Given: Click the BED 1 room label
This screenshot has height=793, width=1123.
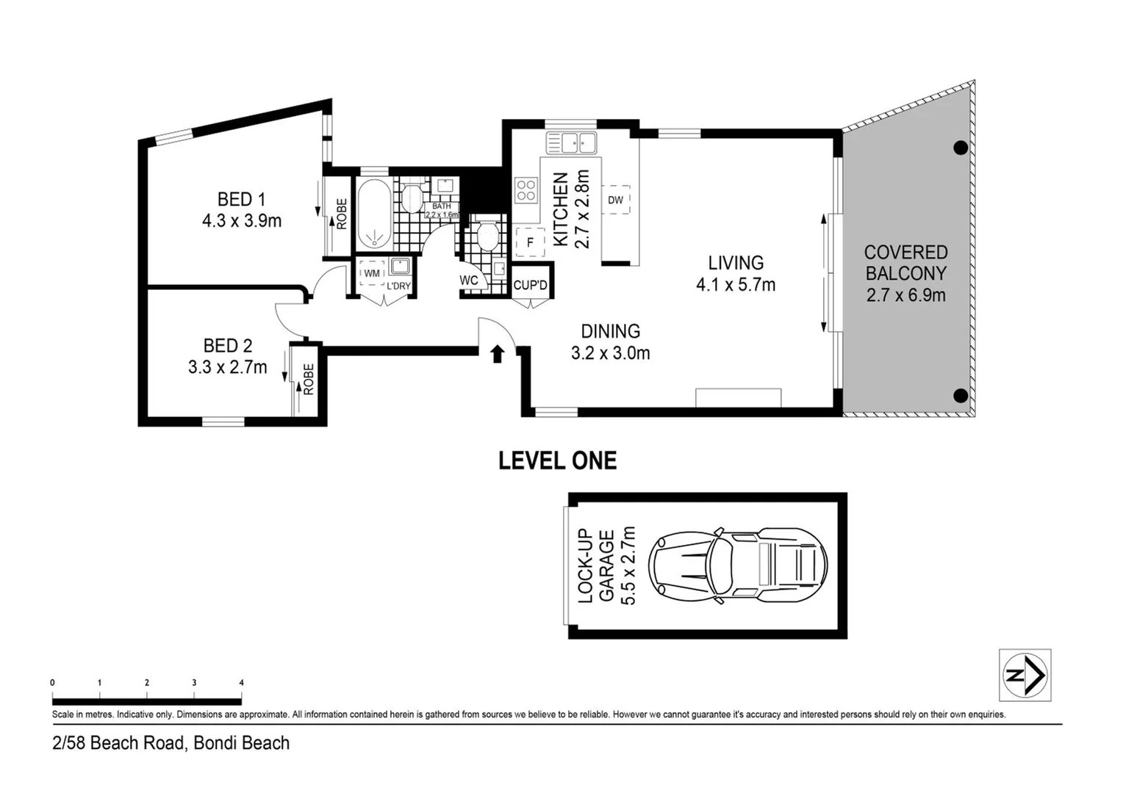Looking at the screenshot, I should [x=241, y=199].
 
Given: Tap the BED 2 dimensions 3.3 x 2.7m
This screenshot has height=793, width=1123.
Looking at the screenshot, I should [x=227, y=367].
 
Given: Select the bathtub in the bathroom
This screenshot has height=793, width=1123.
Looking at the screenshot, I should [x=375, y=214].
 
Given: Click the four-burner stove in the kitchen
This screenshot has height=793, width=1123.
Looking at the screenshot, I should [x=525, y=190].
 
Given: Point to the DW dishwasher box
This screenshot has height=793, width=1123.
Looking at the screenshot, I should [x=615, y=200].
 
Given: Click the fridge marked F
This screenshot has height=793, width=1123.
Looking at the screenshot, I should [x=530, y=242].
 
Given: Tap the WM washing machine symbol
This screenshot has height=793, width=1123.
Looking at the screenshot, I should [x=372, y=273].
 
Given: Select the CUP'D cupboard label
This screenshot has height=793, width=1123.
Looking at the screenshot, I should [x=530, y=285].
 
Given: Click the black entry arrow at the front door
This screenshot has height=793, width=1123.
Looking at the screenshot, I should [x=498, y=354].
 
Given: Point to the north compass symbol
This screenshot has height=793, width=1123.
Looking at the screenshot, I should [x=1025, y=675].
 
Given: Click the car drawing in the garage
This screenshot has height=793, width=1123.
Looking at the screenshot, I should [x=737, y=565].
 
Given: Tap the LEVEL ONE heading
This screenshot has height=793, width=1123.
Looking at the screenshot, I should [x=557, y=460].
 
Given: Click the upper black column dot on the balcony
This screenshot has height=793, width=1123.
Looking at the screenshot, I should [x=960, y=148].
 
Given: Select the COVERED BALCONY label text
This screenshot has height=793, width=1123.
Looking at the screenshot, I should [x=905, y=263].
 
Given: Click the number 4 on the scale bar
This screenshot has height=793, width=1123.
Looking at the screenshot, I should [x=241, y=683].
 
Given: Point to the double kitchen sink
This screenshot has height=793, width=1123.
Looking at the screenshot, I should [x=570, y=142].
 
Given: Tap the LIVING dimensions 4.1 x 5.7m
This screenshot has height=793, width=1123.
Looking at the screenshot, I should [x=736, y=285].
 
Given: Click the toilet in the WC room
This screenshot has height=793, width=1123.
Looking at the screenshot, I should [x=487, y=236].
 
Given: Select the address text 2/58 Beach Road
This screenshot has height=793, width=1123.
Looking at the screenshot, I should [x=171, y=743].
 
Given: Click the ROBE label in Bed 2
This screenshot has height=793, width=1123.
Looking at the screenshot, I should [x=308, y=380].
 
